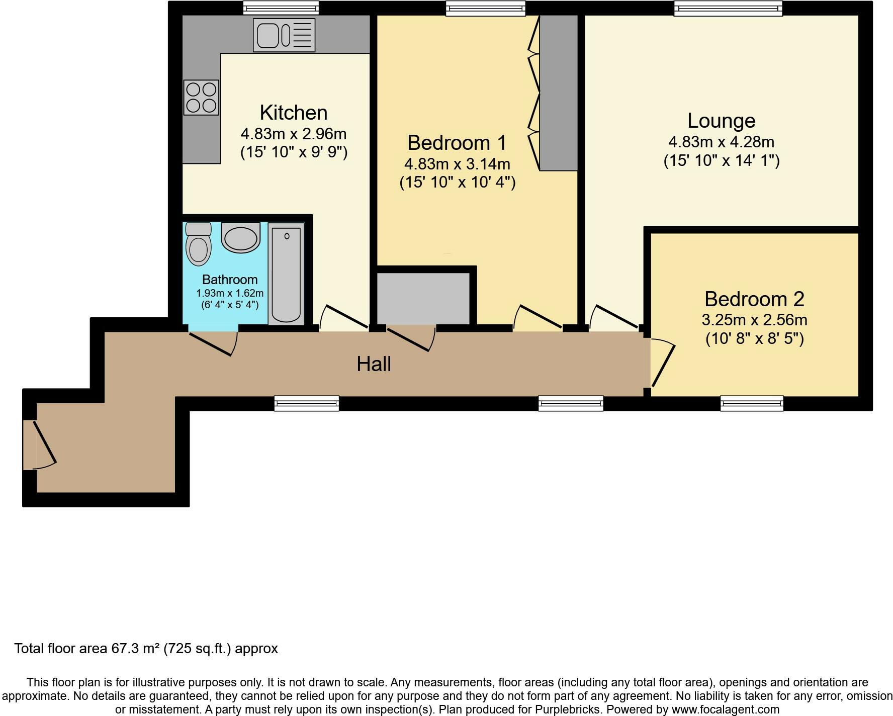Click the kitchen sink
click(x=284, y=35)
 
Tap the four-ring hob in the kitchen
click(x=201, y=98)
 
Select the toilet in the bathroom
click(x=199, y=244)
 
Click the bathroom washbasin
click(x=240, y=238)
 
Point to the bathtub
click(x=286, y=274)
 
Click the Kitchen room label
click(x=294, y=112)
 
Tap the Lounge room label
click(x=722, y=121)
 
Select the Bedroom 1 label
click(x=457, y=143)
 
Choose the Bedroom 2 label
click(x=754, y=299)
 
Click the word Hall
click(x=374, y=364)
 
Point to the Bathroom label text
click(x=230, y=280)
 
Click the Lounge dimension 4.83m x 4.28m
click(x=722, y=142)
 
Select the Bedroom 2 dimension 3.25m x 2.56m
click(x=754, y=320)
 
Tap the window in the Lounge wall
click(x=728, y=8)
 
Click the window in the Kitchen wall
click(x=281, y=8)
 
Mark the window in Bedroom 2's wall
click(x=752, y=403)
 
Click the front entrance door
click(x=39, y=445)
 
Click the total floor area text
click(x=146, y=649)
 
